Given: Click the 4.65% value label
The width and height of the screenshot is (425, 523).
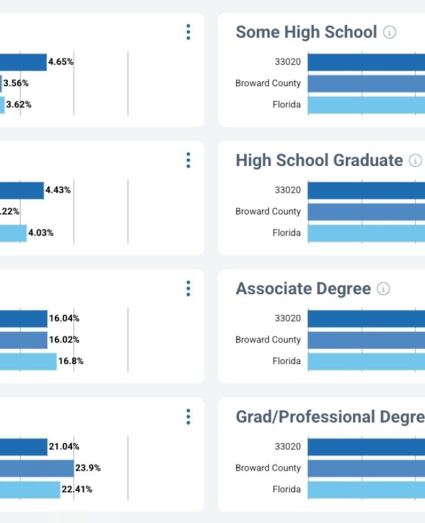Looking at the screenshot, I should click(61, 62).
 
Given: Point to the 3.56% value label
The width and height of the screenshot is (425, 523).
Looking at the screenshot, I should click(16, 83).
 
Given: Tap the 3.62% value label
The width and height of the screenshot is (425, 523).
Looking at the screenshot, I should click(18, 105).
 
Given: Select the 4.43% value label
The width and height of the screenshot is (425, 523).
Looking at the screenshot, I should click(58, 190).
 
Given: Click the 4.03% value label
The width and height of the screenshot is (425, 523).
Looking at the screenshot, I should click(41, 233).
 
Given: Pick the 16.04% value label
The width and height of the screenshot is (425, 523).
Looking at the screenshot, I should click(64, 318).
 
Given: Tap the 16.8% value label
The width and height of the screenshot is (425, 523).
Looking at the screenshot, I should click(71, 361).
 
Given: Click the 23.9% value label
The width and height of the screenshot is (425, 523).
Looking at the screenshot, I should click(88, 468).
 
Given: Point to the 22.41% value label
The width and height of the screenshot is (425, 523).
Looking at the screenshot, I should click(76, 489).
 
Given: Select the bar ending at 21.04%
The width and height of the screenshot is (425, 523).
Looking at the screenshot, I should click(24, 447).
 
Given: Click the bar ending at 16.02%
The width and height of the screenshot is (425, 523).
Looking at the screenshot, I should click(24, 340).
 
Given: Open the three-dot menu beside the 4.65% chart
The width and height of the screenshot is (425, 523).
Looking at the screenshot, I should click(188, 32).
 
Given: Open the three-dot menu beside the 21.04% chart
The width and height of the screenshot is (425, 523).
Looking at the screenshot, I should click(188, 417).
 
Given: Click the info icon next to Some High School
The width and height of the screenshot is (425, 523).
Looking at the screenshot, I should click(390, 32).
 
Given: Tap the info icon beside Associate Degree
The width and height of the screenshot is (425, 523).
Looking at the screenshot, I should click(384, 289).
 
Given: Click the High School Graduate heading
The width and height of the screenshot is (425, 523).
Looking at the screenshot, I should click(319, 160).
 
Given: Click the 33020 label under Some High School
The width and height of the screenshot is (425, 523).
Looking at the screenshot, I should click(288, 62).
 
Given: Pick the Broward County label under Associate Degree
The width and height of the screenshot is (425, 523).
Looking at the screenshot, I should click(268, 340).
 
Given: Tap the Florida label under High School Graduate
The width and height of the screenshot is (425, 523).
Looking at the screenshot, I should click(286, 233).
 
